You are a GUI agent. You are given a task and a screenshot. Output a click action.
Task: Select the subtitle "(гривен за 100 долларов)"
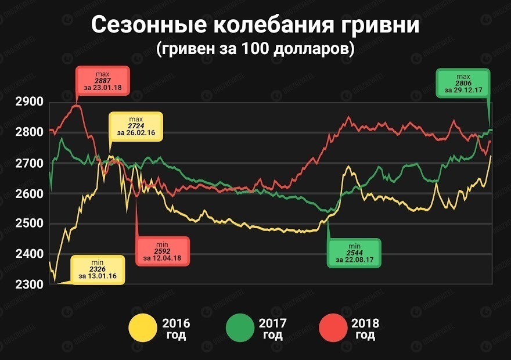click(255, 49)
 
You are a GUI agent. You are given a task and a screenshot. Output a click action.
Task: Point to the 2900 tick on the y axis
click(28, 103)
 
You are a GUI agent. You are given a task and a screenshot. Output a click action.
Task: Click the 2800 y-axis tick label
click(28, 133)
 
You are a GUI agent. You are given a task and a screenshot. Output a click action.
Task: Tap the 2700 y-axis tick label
click(28, 164)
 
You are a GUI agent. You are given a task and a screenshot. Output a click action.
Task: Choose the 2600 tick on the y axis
click(28, 194)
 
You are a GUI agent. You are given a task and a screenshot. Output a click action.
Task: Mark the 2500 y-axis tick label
click(28, 224)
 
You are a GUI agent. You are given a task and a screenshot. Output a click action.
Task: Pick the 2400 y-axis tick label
click(28, 254)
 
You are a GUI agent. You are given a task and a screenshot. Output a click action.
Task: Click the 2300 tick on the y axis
click(28, 285)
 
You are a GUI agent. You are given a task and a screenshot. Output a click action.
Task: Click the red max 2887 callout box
click(102, 81)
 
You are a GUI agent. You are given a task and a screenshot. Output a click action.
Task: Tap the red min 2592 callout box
click(163, 251)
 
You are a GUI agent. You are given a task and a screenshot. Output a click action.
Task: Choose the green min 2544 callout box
click(354, 253)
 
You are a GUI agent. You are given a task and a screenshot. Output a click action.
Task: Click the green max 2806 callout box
click(463, 84)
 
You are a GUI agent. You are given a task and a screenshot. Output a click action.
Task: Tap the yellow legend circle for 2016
click(143, 329)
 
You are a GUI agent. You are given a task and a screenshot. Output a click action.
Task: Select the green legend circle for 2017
click(240, 329)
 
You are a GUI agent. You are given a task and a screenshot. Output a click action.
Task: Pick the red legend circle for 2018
click(333, 329)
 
